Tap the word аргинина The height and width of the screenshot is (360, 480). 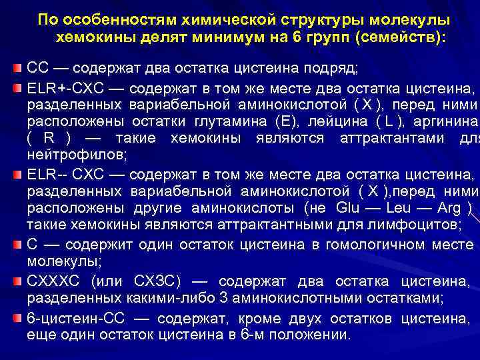coord(441,122)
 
